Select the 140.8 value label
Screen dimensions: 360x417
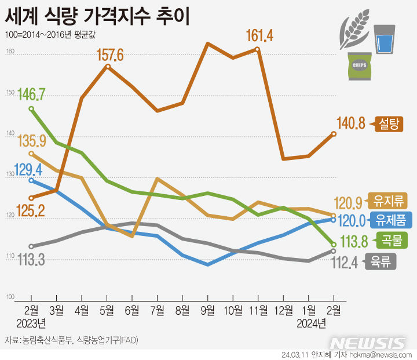coord(351,123)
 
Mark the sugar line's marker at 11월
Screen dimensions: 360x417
coord(258,49)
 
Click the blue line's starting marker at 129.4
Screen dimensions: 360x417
coord(31,180)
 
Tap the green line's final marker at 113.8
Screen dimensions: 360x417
coord(334,244)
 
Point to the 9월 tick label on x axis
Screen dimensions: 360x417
coord(207,310)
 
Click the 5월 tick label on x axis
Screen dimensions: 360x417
coord(107,310)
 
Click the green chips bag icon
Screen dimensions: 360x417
coord(359,66)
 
